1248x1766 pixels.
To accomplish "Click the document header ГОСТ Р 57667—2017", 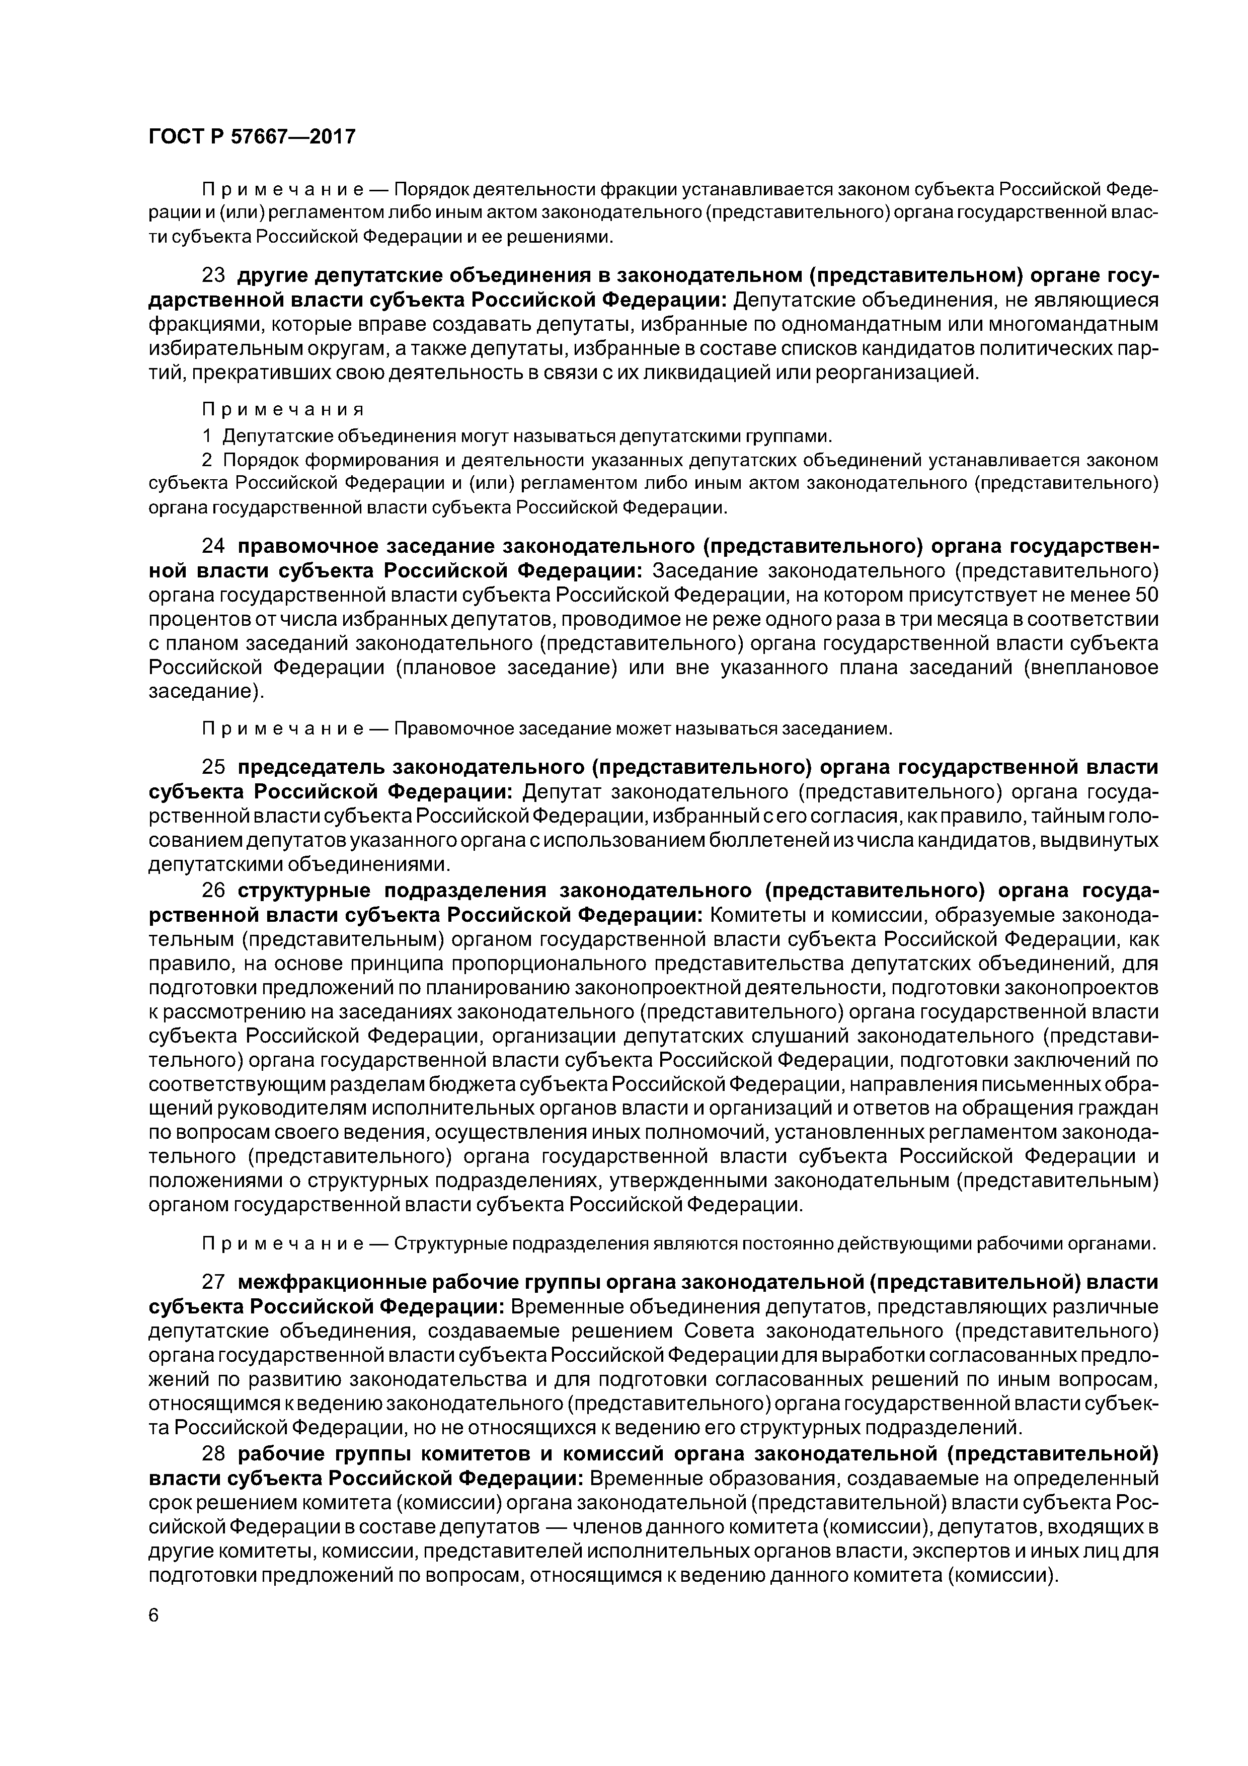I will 252,137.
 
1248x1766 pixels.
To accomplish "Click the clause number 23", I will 213,276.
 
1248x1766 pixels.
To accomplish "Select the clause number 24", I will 213,546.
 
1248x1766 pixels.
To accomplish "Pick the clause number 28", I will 213,1454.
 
